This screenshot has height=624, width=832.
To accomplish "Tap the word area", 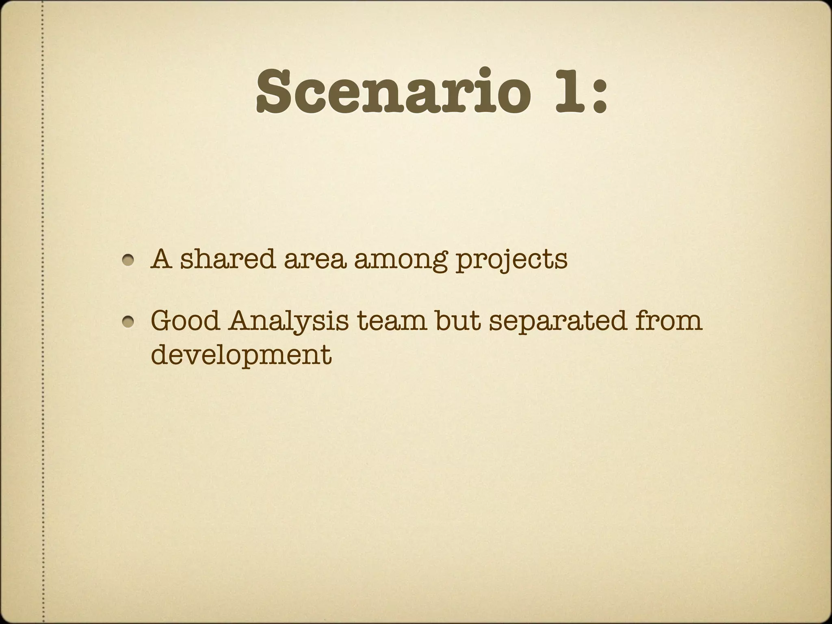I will (315, 260).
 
